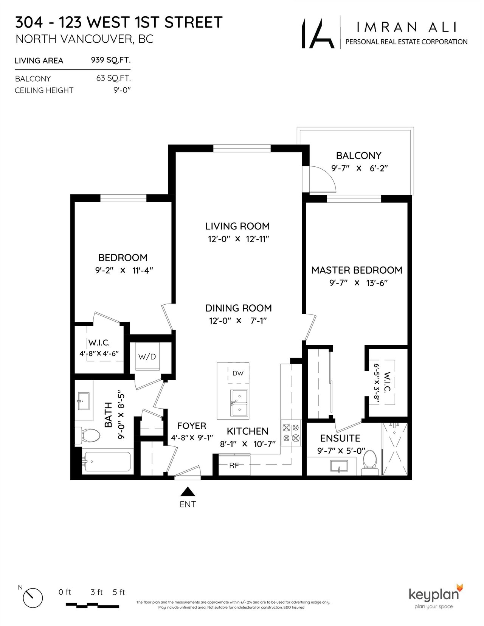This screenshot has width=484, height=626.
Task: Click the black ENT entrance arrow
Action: (188, 491)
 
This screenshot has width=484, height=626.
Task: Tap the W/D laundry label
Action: (147, 356)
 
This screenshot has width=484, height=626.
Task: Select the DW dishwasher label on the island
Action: (238, 373)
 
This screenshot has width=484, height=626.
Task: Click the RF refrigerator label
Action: (234, 466)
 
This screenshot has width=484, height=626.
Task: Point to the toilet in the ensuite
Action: (370, 462)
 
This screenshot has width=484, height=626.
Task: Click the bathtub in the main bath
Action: (107, 461)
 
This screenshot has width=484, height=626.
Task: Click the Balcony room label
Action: (359, 156)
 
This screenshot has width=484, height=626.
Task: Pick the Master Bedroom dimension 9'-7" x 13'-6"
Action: (358, 283)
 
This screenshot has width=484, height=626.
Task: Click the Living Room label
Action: (237, 226)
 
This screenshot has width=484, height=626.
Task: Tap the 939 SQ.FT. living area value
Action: (111, 60)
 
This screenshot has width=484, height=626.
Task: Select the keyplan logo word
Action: (434, 595)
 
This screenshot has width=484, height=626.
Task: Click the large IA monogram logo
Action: (318, 33)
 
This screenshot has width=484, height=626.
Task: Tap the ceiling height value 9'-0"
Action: (122, 90)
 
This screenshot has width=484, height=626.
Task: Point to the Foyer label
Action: (192, 426)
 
